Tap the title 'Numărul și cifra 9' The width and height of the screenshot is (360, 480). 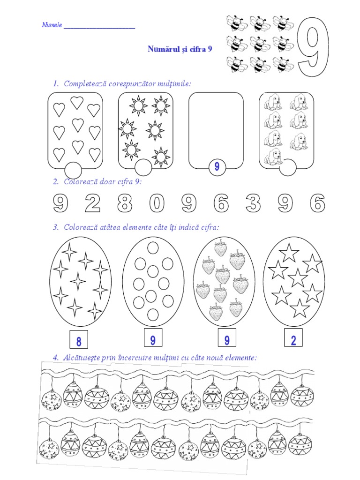(180, 49)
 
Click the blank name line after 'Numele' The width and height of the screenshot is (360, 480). (99, 28)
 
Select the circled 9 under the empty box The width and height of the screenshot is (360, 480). (217, 166)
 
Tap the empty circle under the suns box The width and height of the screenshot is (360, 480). (143, 167)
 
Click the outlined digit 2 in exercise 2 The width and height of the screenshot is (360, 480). (92, 202)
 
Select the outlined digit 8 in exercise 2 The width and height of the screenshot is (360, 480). (125, 202)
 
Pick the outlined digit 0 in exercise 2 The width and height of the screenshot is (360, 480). (157, 202)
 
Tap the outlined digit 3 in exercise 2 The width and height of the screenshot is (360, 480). (253, 202)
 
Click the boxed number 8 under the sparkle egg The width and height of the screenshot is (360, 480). (79, 339)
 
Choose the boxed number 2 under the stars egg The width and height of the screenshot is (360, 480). (293, 337)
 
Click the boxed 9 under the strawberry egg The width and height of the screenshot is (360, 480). (227, 337)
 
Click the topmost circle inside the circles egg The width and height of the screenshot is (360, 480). (153, 247)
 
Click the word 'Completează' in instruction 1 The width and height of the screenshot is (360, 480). (83, 83)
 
